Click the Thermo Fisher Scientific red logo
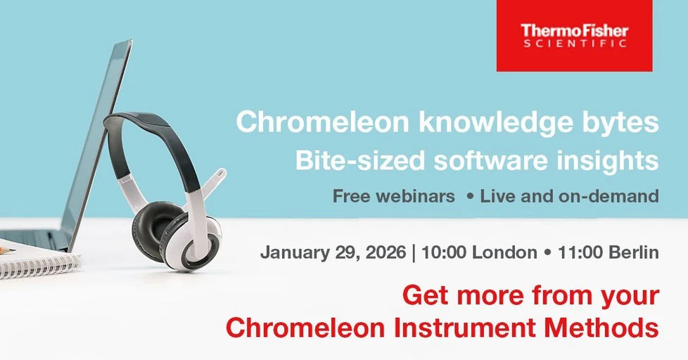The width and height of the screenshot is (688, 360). (574, 35)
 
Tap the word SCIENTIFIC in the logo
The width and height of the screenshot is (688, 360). (575, 44)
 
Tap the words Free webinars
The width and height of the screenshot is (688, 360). (394, 196)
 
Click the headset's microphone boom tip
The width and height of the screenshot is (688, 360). (221, 172)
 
